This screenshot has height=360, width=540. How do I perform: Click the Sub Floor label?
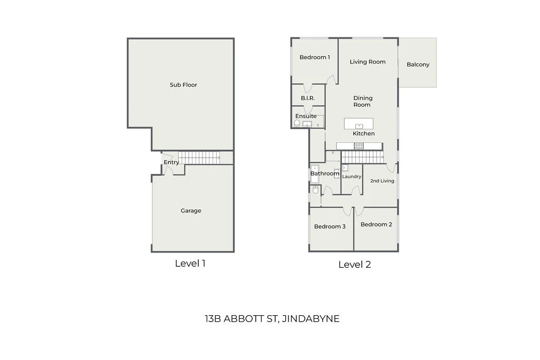(x=183, y=85)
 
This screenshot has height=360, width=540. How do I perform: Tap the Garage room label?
(x=191, y=211)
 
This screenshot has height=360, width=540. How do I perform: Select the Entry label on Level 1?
(x=171, y=162)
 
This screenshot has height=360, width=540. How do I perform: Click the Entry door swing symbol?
(x=166, y=170)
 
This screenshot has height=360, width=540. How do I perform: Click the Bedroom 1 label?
(x=315, y=57)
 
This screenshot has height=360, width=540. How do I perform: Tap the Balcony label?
(x=418, y=65)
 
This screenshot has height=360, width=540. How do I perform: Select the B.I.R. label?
(x=308, y=98)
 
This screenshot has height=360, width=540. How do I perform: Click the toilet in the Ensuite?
(x=297, y=124)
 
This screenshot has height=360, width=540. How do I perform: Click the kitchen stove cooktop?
(x=359, y=146)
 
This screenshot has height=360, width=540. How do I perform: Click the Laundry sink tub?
(x=345, y=168)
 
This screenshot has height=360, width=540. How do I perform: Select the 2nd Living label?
(x=382, y=181)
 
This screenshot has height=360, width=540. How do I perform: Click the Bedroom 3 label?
(x=330, y=227)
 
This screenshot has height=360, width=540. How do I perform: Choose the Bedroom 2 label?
(x=376, y=225)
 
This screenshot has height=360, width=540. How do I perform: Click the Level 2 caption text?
(x=354, y=265)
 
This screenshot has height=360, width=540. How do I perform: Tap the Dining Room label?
(x=362, y=101)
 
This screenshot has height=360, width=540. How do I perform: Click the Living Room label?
(x=368, y=62)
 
